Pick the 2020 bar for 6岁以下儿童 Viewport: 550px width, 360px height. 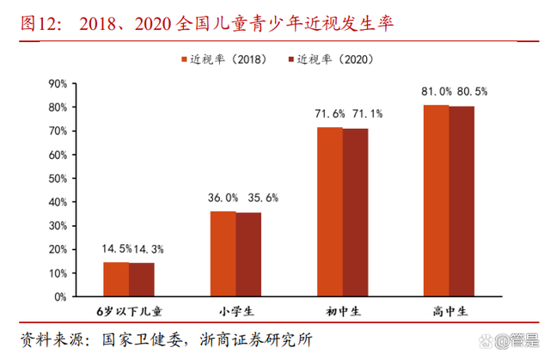(x=142, y=279)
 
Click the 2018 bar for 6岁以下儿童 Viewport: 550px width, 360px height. (x=116, y=279)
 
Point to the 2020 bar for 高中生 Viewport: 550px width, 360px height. (x=462, y=201)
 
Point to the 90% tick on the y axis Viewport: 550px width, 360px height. (x=57, y=83)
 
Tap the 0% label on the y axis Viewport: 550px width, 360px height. (x=60, y=296)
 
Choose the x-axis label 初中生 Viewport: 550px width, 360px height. (x=342, y=311)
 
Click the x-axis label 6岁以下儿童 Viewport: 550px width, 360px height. (x=128, y=311)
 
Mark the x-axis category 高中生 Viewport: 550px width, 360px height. (x=449, y=311)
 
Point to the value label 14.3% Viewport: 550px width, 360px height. (x=149, y=248)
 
